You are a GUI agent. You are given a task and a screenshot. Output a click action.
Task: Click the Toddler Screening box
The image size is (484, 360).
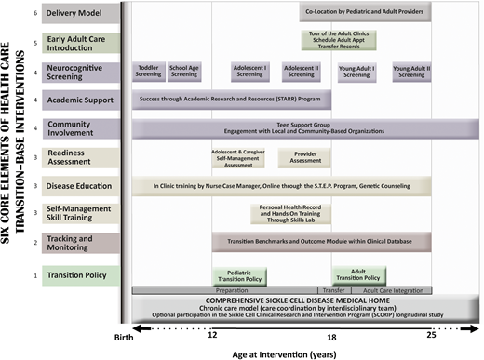[148, 71]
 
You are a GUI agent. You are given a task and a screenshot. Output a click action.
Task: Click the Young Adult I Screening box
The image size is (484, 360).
[357, 71]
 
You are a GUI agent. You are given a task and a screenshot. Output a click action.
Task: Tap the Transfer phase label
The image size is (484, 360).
[333, 289]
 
